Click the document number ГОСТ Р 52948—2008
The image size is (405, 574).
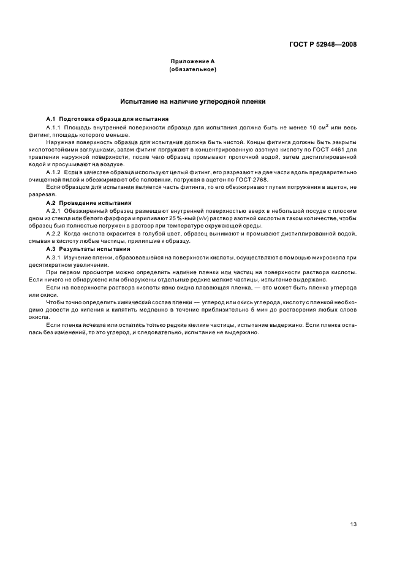(323, 44)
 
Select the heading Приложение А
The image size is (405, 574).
(192, 61)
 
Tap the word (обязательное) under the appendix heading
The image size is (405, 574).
(192, 69)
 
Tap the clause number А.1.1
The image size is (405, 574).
(55, 126)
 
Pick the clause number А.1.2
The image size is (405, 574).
(55, 172)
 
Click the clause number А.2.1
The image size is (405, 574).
(55, 210)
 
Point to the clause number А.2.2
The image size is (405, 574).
(55, 234)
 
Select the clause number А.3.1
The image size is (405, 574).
(55, 257)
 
